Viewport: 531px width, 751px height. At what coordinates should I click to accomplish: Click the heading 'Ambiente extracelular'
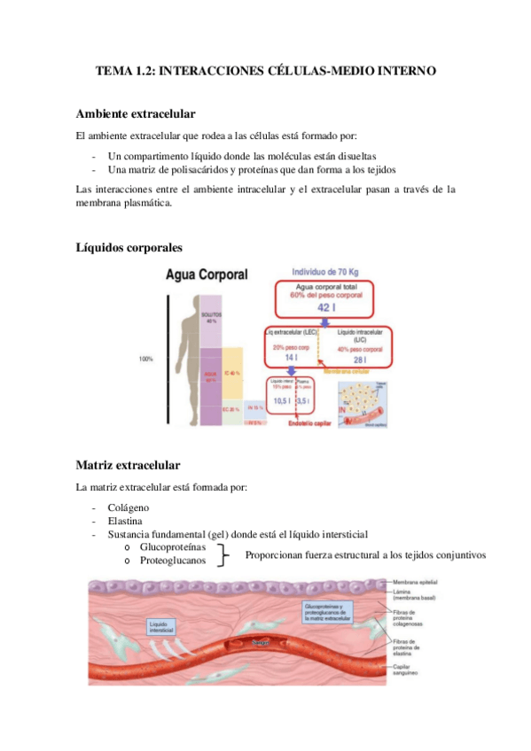pos(136,114)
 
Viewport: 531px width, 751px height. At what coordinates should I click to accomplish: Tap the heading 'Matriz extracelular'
pos(129,464)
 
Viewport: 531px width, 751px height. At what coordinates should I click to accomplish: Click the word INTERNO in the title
pos(405,70)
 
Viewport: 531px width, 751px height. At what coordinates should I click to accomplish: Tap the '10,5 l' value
pos(280,399)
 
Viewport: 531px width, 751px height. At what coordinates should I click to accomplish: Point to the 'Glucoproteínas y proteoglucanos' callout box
pos(327,611)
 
